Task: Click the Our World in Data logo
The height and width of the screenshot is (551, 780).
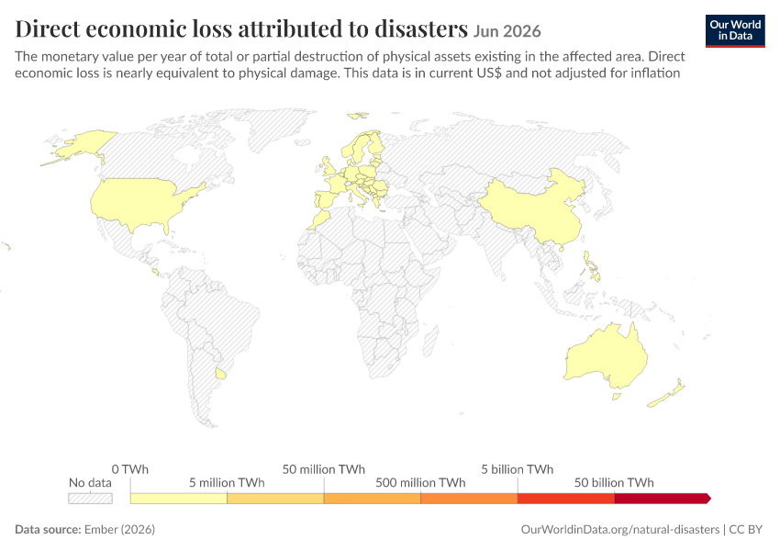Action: pyautogui.click(x=735, y=31)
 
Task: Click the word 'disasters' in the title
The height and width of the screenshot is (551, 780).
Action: pyautogui.click(x=421, y=28)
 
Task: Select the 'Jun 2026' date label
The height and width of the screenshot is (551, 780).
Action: pyautogui.click(x=507, y=31)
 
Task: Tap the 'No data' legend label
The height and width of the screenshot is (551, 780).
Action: pyautogui.click(x=90, y=482)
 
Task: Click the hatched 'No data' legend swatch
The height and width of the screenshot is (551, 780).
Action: pyautogui.click(x=90, y=499)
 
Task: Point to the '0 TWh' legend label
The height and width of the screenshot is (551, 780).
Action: pyautogui.click(x=129, y=469)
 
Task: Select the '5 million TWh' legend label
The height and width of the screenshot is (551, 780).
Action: pyautogui.click(x=227, y=482)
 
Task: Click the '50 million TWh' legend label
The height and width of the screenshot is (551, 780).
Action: pyautogui.click(x=324, y=469)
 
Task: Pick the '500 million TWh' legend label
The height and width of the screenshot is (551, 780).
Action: pyautogui.click(x=420, y=482)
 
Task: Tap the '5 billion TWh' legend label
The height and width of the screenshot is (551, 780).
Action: pyautogui.click(x=518, y=469)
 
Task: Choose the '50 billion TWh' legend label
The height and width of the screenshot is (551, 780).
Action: pyautogui.click(x=614, y=482)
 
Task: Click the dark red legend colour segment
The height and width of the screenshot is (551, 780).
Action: pyautogui.click(x=663, y=499)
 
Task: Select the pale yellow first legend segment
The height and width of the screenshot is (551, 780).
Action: pyautogui.click(x=179, y=499)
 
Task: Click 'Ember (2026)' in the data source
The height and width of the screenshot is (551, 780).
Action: pyautogui.click(x=119, y=529)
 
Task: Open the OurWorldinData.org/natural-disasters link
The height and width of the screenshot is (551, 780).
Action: pyautogui.click(x=620, y=529)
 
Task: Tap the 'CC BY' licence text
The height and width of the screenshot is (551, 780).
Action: pyautogui.click(x=746, y=529)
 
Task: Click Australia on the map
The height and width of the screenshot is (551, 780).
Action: pyautogui.click(x=607, y=357)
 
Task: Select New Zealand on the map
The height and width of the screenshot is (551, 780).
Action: pyautogui.click(x=666, y=394)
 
